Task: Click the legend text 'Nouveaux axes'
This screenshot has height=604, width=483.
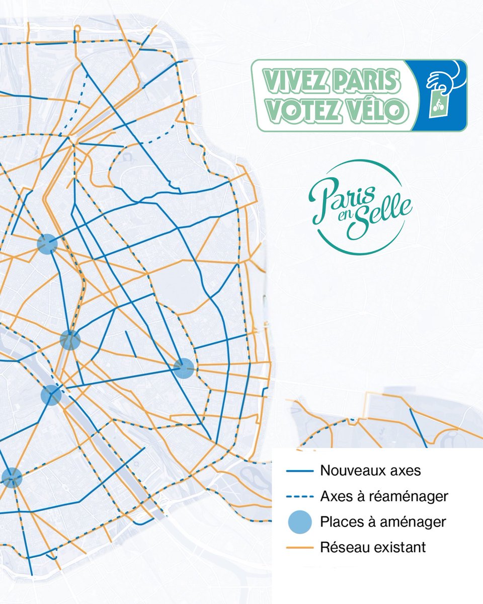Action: pos(370,472)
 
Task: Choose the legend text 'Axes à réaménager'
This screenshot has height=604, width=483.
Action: pos(384,497)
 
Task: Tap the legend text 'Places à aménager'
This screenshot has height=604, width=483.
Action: pos(383,522)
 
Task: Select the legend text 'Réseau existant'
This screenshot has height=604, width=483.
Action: pos(373,547)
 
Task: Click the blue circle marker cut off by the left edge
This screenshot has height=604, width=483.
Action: pos(10,478)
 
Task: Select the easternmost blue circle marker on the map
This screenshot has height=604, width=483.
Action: pos(184,368)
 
